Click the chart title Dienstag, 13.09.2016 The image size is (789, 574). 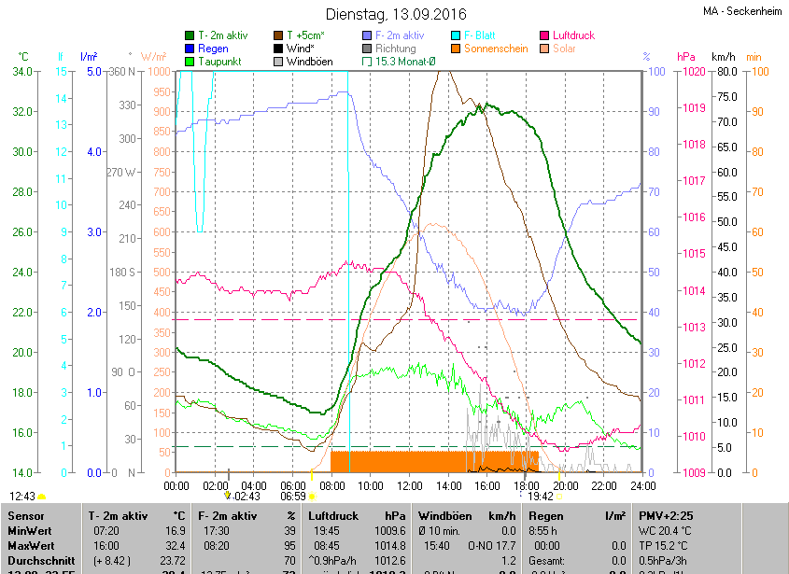(395, 14)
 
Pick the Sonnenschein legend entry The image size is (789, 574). (495, 49)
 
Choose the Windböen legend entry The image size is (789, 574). (309, 62)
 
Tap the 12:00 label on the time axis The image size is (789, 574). (410, 485)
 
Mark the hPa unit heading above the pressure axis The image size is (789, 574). (686, 57)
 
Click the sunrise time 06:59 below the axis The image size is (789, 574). (293, 497)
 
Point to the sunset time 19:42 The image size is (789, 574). (541, 497)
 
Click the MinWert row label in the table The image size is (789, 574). (30, 530)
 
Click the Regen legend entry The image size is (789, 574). (213, 49)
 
